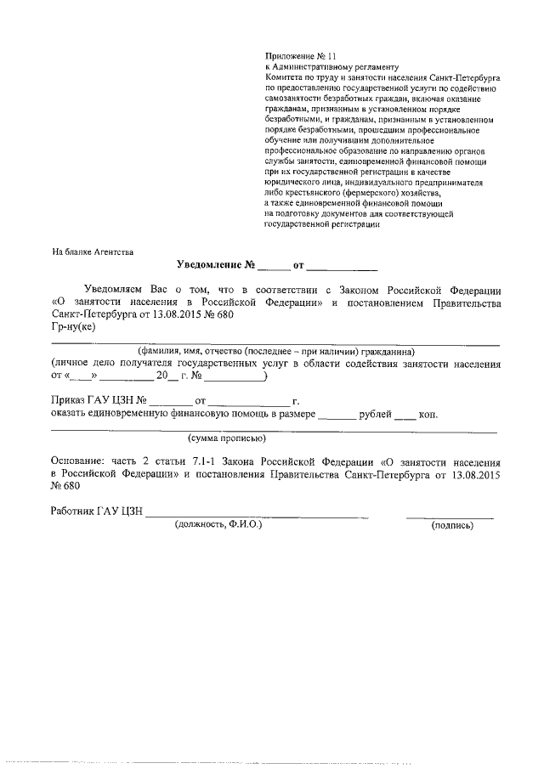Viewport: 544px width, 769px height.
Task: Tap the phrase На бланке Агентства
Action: [x=93, y=251]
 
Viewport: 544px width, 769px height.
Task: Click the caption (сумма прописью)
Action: [x=227, y=438]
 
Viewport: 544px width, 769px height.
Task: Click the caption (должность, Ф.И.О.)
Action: [x=218, y=525]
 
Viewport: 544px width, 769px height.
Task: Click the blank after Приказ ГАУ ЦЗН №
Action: [x=173, y=400]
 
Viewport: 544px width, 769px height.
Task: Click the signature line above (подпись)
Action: [x=450, y=517]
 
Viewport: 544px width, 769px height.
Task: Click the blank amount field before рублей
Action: [x=337, y=416]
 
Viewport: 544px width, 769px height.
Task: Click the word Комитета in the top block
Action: [x=288, y=76]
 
